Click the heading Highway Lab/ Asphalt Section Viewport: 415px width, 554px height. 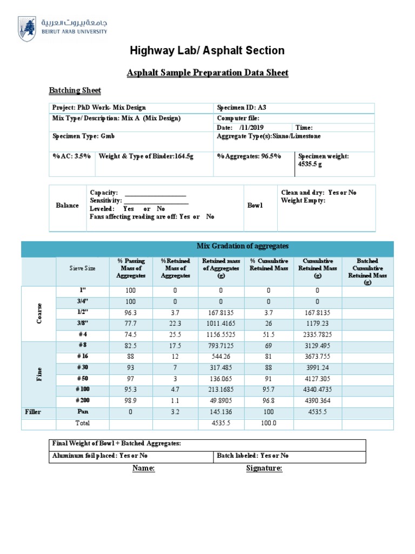point(207,51)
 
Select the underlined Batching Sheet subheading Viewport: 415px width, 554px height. point(75,90)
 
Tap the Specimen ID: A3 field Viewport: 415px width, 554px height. point(242,108)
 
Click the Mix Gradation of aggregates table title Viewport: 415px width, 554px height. point(243,246)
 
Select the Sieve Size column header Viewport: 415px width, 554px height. point(82,268)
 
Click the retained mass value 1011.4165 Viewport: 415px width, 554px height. point(221,324)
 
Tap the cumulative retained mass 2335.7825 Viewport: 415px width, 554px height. point(317,334)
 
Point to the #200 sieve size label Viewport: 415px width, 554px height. point(83,401)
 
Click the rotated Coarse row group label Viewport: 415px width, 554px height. point(39,313)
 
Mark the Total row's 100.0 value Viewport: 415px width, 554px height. point(268,423)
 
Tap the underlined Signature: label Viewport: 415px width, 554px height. point(264,469)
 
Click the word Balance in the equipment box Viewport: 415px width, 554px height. point(67,206)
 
